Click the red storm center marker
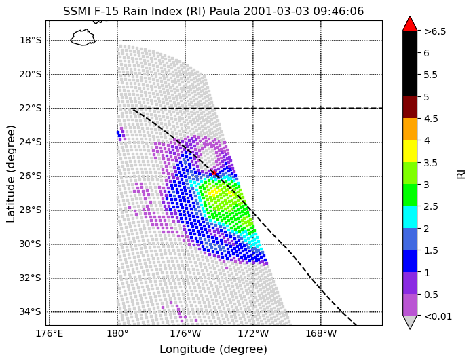(x=214, y=172)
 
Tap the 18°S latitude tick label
(x=30, y=41)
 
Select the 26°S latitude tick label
(x=30, y=176)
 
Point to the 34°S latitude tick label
(x=30, y=312)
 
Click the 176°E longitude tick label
(x=50, y=334)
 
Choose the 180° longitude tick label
(x=117, y=334)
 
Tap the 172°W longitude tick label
(x=253, y=334)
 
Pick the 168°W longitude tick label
(x=321, y=334)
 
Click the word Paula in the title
(x=225, y=11)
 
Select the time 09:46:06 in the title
(x=339, y=11)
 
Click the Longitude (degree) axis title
(x=213, y=349)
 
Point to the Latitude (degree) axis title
(x=10, y=174)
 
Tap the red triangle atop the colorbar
(x=410, y=23)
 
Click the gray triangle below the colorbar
(x=410, y=322)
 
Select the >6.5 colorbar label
(x=435, y=31)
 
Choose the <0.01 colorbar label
(x=438, y=316)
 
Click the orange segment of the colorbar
(x=410, y=129)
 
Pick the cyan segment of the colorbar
(x=410, y=217)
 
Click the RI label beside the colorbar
(x=461, y=174)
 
